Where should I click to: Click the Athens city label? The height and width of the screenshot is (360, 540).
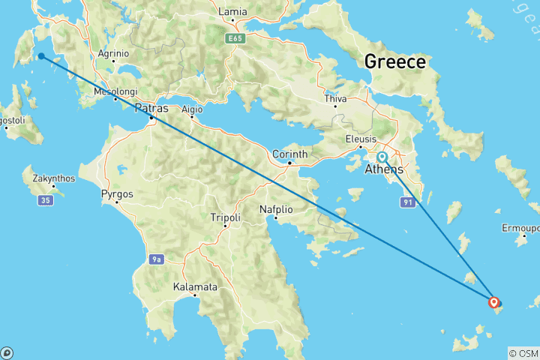pos(383,170)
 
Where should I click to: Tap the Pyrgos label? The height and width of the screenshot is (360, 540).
pos(116,194)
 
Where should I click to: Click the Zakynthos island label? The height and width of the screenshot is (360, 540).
pos(54,178)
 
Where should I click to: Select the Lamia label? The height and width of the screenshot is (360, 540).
pos(232,12)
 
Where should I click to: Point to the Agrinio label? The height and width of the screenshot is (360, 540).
pos(114,53)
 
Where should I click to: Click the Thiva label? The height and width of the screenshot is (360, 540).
pos(335,99)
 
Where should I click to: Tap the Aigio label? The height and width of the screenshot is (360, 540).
pos(192,109)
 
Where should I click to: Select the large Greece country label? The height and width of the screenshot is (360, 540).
pos(394,61)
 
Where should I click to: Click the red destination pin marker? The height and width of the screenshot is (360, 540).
pos(493,302)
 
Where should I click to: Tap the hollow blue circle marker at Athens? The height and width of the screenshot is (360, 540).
pos(382,157)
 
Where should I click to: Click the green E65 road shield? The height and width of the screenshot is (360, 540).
pos(235,37)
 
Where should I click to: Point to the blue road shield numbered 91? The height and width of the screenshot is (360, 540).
pos(408,202)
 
